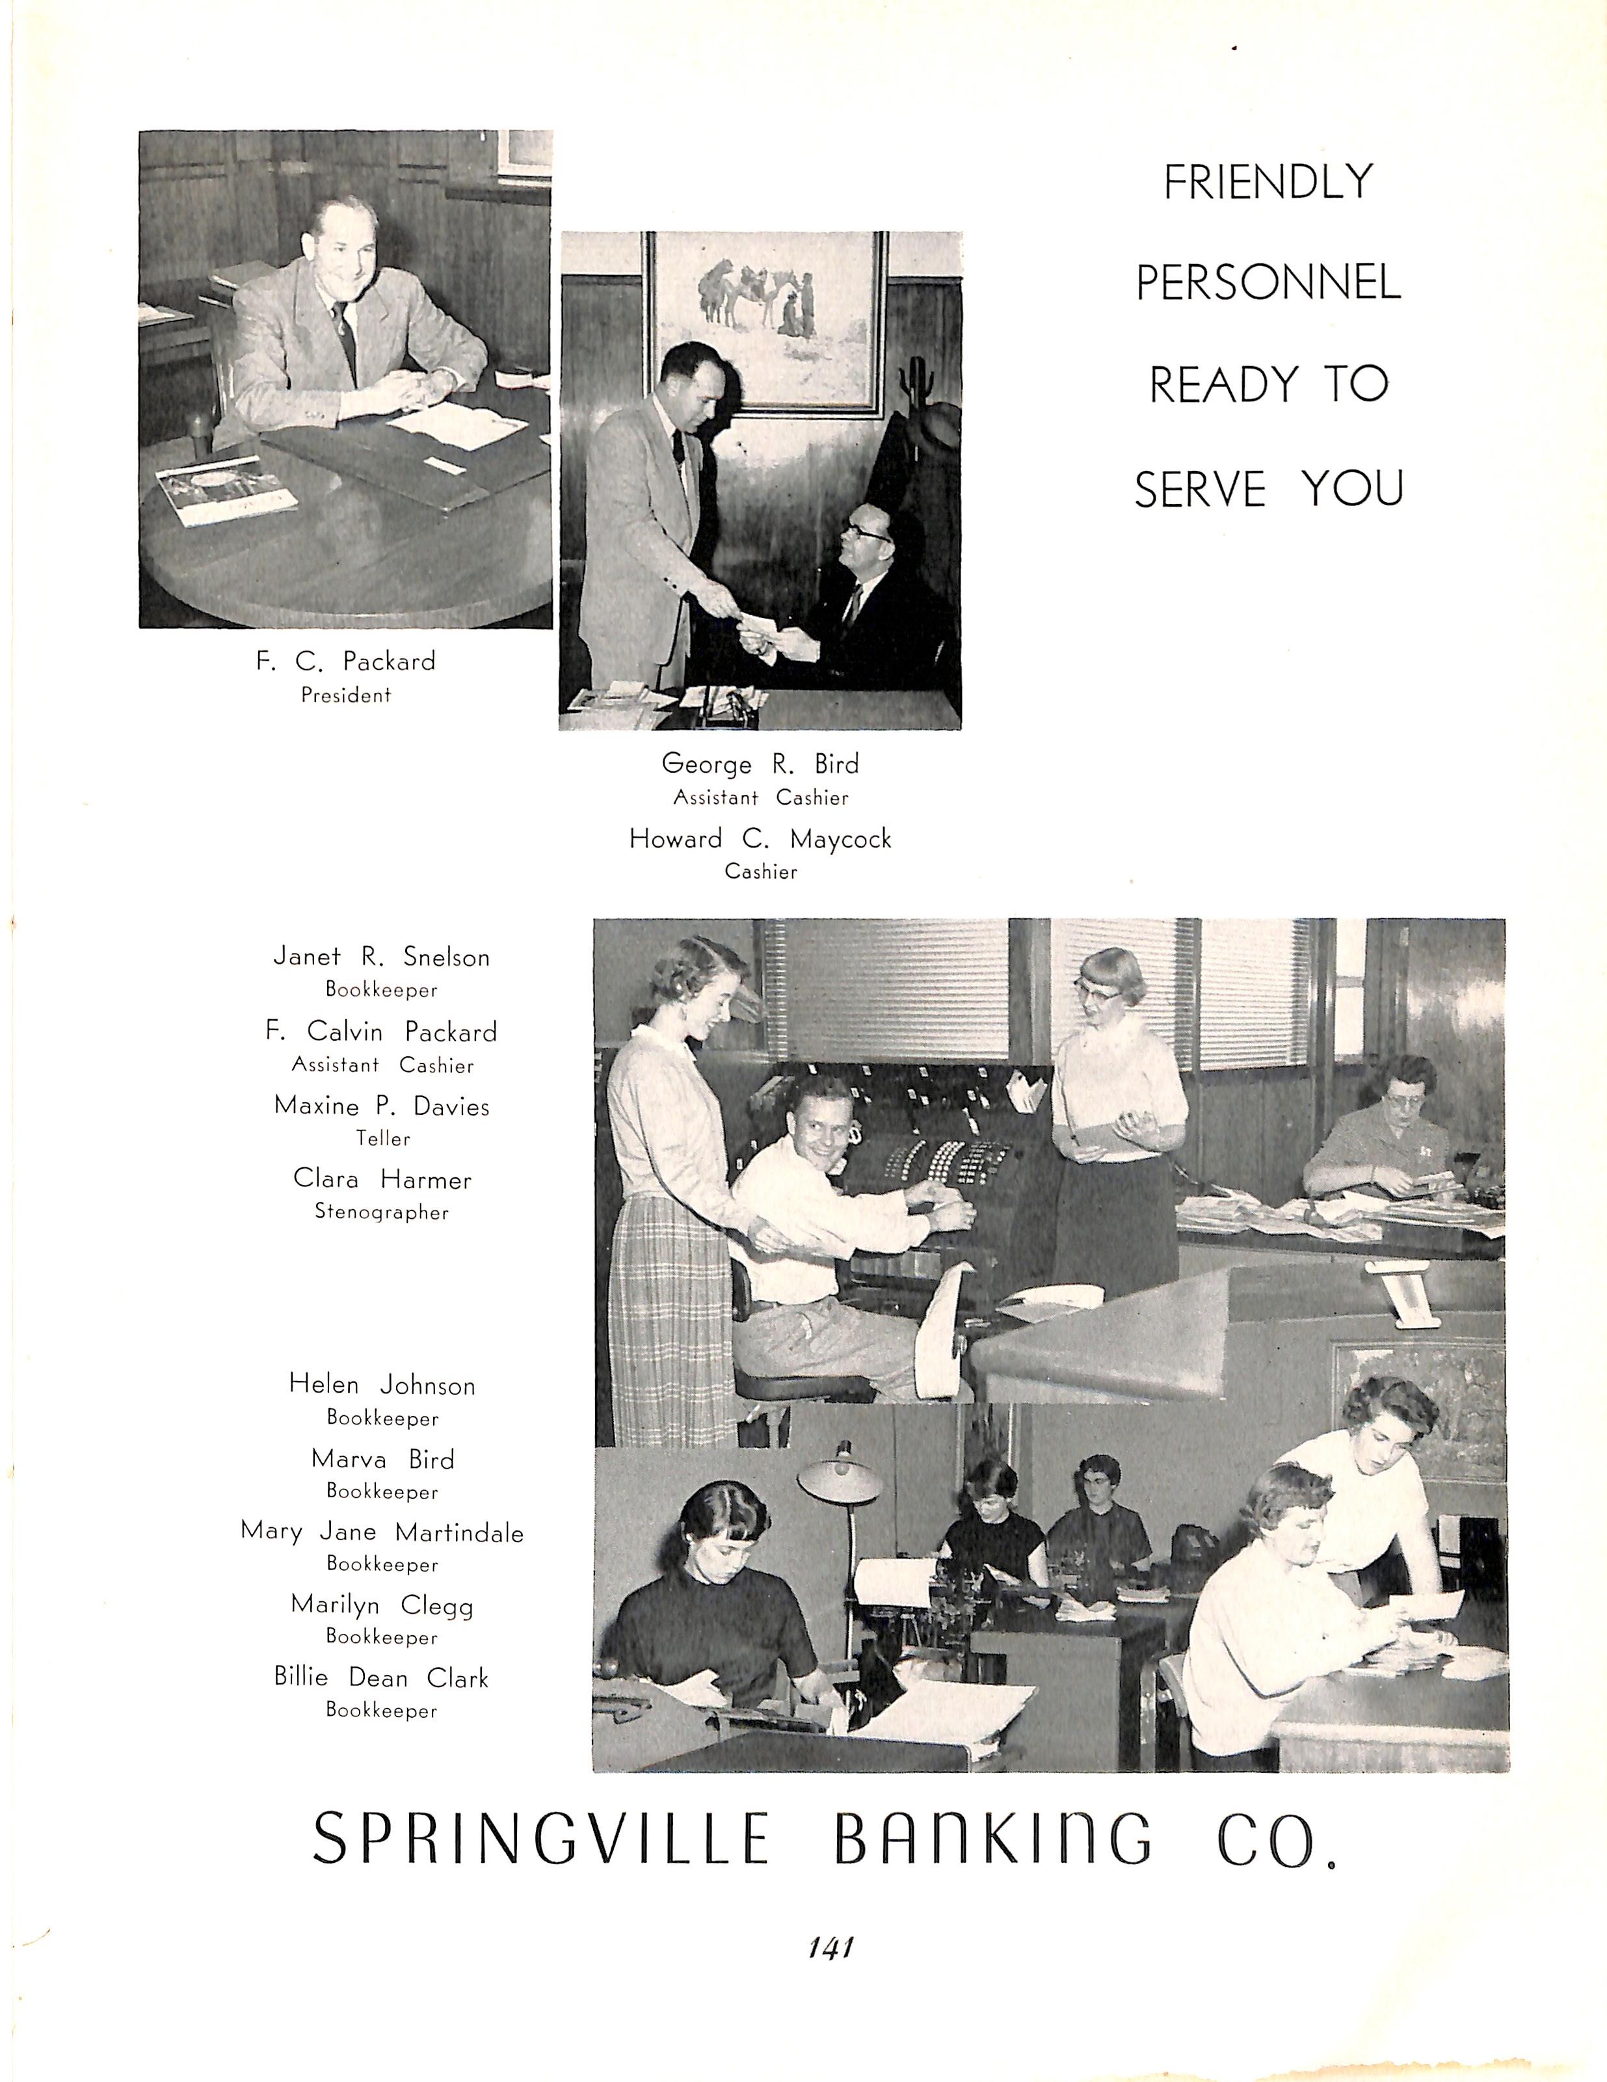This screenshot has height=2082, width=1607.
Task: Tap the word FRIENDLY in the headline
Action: (1268, 182)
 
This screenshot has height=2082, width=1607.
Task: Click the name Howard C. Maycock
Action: (760, 839)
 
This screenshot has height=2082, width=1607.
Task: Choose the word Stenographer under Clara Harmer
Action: (381, 1212)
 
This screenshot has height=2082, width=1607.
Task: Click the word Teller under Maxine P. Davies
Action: (382, 1138)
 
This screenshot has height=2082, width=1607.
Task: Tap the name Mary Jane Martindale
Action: (381, 1533)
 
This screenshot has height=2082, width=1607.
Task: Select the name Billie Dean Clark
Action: (381, 1678)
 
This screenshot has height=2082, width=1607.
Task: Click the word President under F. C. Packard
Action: (345, 695)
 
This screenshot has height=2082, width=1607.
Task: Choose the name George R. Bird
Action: (760, 764)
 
